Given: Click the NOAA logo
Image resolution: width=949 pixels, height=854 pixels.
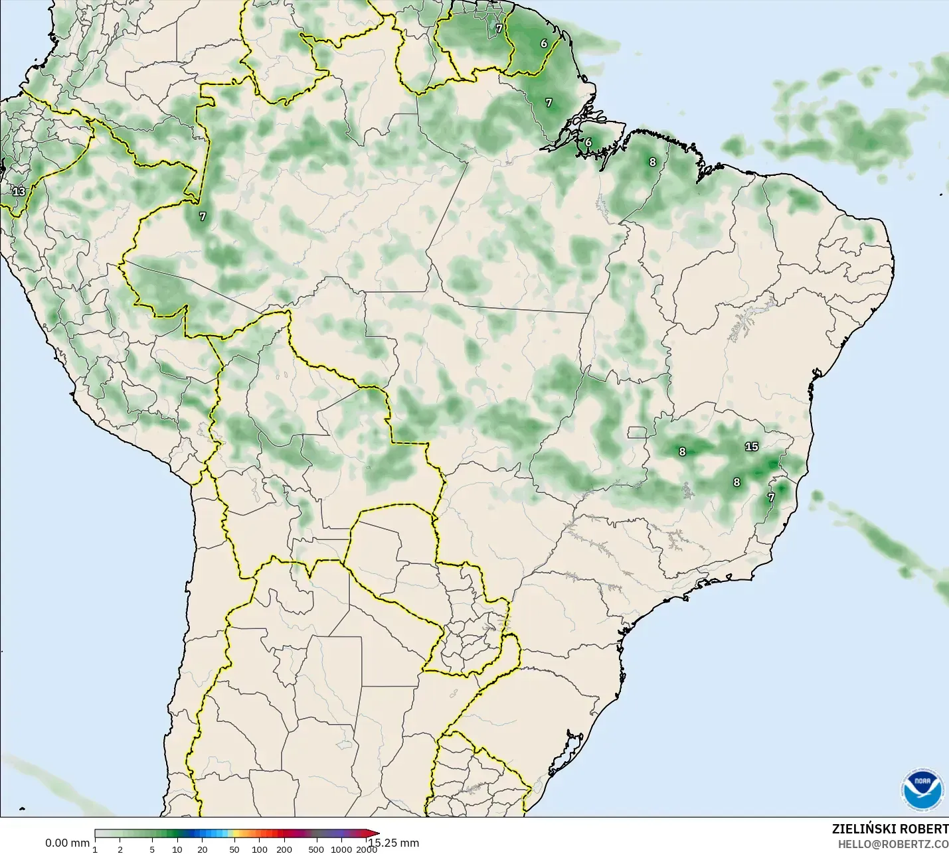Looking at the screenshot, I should pyautogui.click(x=922, y=790).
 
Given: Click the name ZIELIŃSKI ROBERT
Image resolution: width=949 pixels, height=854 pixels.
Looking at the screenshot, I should pyautogui.click(x=890, y=829).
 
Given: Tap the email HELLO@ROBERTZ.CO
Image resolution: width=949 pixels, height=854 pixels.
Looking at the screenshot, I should pyautogui.click(x=893, y=844).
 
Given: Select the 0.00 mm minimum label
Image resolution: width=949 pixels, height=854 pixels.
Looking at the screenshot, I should pyautogui.click(x=67, y=843).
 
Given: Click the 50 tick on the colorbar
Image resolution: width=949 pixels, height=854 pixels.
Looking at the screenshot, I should pyautogui.click(x=234, y=849).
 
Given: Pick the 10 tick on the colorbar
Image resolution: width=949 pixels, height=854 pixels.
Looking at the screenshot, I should pyautogui.click(x=177, y=849).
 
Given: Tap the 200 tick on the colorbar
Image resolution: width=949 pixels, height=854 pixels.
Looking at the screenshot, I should pyautogui.click(x=284, y=849).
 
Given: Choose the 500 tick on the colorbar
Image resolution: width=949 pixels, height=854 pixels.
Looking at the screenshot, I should pyautogui.click(x=317, y=849).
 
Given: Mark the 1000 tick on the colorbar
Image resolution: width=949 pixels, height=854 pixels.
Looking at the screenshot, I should pyautogui.click(x=341, y=849).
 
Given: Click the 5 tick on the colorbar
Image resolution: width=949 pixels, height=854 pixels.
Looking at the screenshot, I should pyautogui.click(x=152, y=849).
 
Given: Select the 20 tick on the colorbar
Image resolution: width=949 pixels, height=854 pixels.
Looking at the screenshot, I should pyautogui.click(x=202, y=849).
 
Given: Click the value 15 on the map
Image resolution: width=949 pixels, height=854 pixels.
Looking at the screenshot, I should pyautogui.click(x=752, y=447).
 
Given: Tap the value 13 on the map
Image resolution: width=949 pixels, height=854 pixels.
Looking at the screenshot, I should pyautogui.click(x=19, y=192).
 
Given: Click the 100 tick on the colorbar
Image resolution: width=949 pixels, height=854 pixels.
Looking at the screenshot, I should pyautogui.click(x=260, y=849).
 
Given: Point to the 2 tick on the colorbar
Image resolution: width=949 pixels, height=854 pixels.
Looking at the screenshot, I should pyautogui.click(x=120, y=849).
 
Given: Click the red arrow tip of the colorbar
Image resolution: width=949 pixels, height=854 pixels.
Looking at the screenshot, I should pyautogui.click(x=377, y=834).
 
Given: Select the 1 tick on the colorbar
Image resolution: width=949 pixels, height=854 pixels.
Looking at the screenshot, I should pyautogui.click(x=95, y=849).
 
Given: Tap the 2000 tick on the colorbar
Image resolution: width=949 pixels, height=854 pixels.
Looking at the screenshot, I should pyautogui.click(x=366, y=849).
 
